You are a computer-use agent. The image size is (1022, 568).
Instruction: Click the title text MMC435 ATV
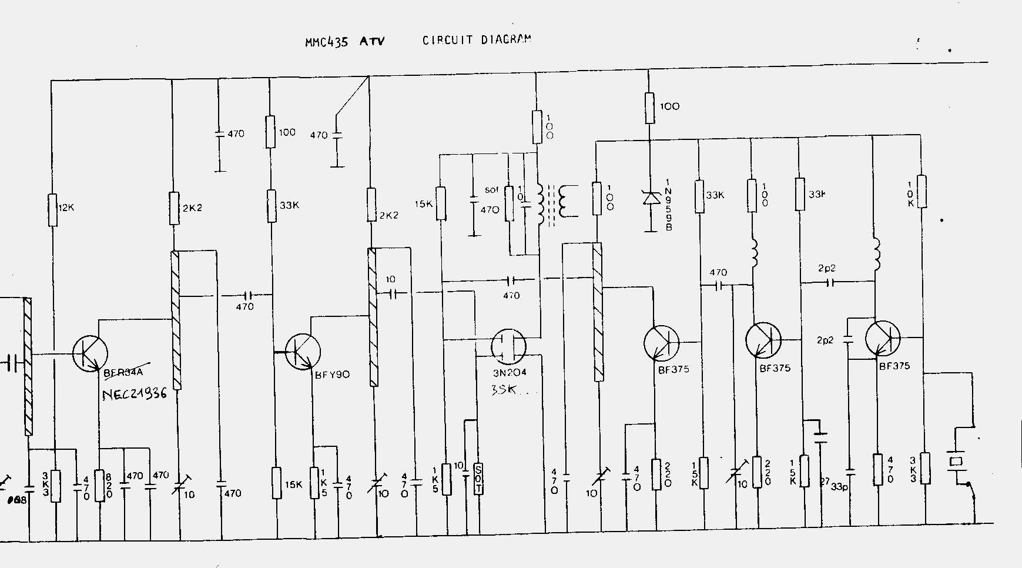pos(345,42)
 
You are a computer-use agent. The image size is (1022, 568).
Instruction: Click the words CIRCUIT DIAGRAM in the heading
pos(477,40)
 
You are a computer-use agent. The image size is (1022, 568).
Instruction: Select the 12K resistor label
pos(66,208)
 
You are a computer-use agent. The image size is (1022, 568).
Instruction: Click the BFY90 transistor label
pos(333,374)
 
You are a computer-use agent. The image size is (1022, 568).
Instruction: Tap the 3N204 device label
pos(510,373)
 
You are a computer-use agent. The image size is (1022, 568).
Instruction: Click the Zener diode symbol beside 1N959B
pos(651,198)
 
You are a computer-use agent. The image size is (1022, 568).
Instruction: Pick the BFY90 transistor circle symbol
pos(303,351)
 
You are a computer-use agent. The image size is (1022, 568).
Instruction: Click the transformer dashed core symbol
pos(551,206)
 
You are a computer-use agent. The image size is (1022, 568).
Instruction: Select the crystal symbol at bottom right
pos(956,460)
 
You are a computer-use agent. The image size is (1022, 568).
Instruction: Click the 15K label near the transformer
pos(424,204)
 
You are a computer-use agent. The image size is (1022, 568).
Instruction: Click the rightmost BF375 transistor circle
pos(883,339)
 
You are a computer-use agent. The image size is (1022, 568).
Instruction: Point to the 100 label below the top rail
pos(670,106)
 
